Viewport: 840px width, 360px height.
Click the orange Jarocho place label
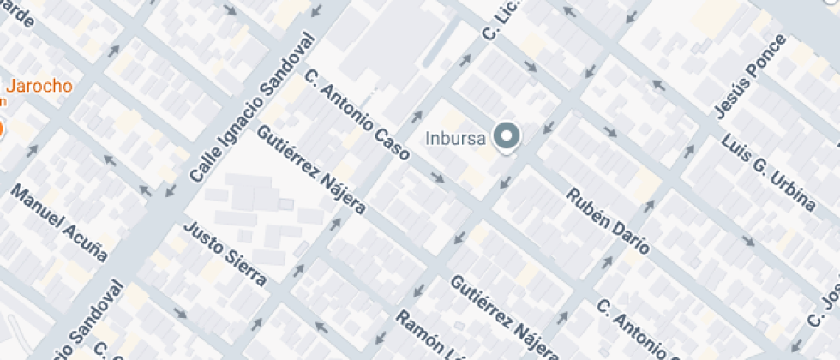(39, 86)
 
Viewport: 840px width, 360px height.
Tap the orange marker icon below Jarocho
(1, 129)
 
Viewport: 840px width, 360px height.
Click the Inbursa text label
(457, 137)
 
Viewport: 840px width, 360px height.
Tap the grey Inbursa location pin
(509, 136)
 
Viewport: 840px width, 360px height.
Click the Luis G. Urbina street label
(768, 172)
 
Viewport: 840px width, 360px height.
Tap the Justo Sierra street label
(226, 254)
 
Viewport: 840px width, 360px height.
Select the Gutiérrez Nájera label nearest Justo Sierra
(311, 170)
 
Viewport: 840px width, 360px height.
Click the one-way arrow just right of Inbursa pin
(544, 129)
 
